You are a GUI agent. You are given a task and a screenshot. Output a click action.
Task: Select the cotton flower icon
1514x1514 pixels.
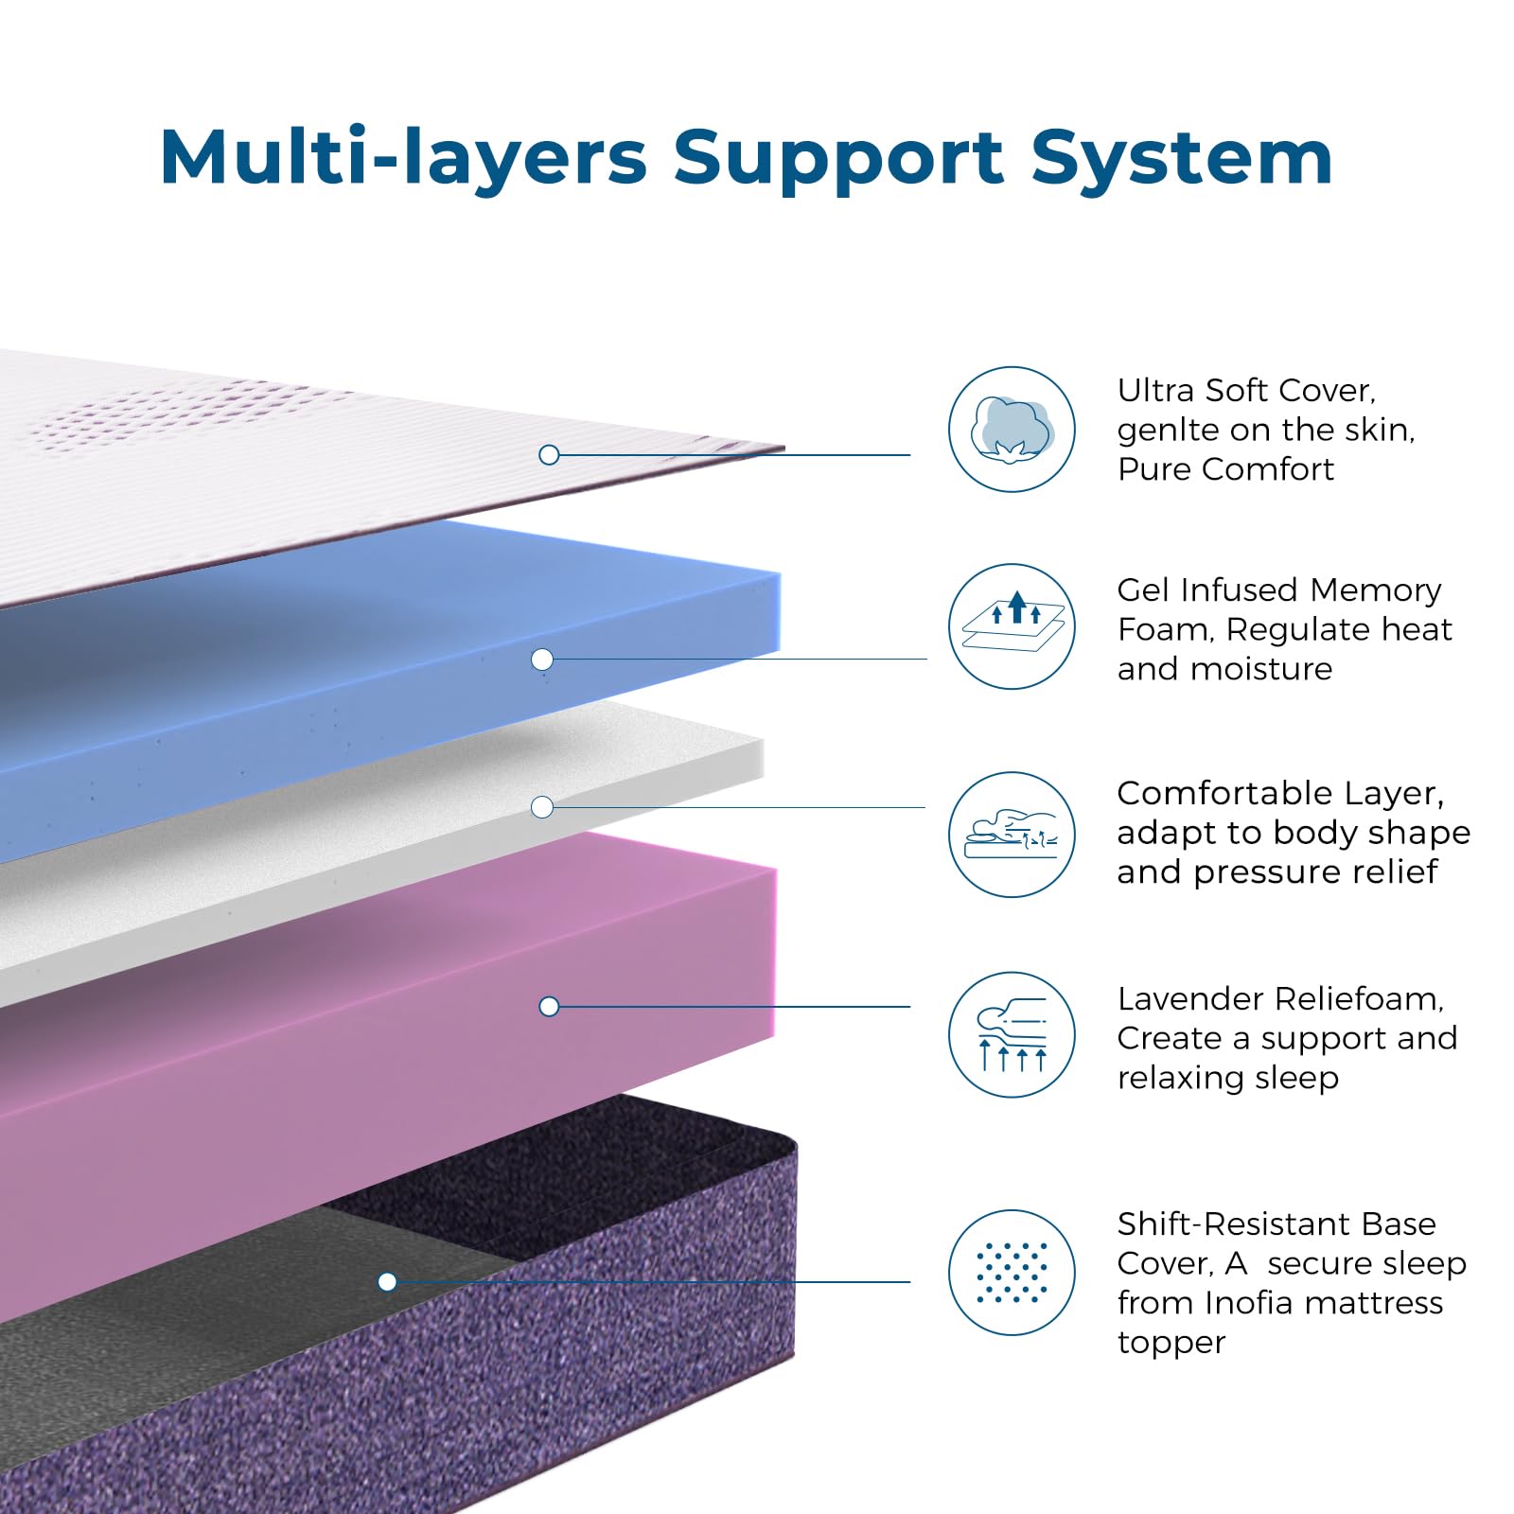click(x=1012, y=430)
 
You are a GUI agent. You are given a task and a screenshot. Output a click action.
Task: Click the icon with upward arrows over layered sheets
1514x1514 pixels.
click(x=1012, y=626)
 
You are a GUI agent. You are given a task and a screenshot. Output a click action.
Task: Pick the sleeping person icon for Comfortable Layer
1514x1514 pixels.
click(x=1012, y=835)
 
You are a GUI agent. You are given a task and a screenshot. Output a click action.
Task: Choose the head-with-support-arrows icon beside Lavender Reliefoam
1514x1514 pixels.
click(x=1012, y=1034)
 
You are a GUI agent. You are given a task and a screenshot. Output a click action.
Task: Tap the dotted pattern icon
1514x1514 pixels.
click(x=1012, y=1273)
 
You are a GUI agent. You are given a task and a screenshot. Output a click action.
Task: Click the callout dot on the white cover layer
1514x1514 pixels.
click(x=549, y=455)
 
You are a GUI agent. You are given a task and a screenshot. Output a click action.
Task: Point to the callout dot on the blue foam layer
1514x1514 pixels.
click(x=542, y=660)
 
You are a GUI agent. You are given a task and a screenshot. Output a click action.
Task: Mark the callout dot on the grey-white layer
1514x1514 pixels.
click(x=542, y=807)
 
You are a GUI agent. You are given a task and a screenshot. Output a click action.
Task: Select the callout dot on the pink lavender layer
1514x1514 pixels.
click(x=549, y=1007)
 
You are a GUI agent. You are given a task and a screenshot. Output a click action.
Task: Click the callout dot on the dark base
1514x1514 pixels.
click(x=387, y=1282)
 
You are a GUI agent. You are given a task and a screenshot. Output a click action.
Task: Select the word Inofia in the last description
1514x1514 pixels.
click(x=1249, y=1303)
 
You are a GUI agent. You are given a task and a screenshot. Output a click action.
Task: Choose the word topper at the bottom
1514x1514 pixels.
click(x=1171, y=1343)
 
